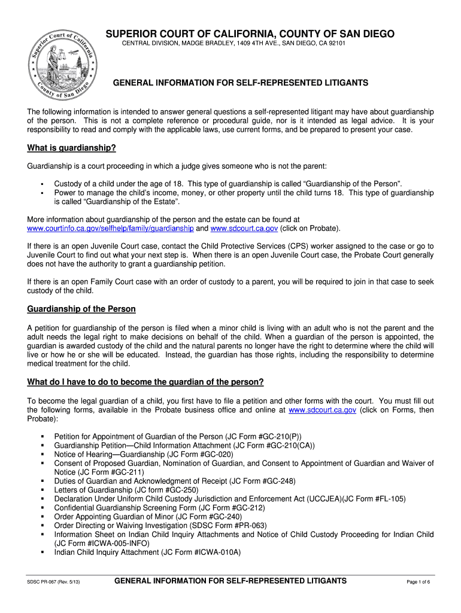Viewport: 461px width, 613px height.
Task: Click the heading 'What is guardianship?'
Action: (71, 148)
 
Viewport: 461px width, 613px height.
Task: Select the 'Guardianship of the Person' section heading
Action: (81, 309)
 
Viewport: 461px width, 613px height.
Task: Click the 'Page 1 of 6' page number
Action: (418, 582)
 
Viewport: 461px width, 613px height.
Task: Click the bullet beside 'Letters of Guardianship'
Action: (43, 490)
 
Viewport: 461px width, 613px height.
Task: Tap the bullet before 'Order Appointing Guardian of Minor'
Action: (43, 517)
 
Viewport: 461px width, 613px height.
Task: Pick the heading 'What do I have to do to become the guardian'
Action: (145, 382)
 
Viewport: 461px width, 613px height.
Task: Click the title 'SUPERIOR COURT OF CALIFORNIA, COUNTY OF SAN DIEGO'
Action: (250, 34)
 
